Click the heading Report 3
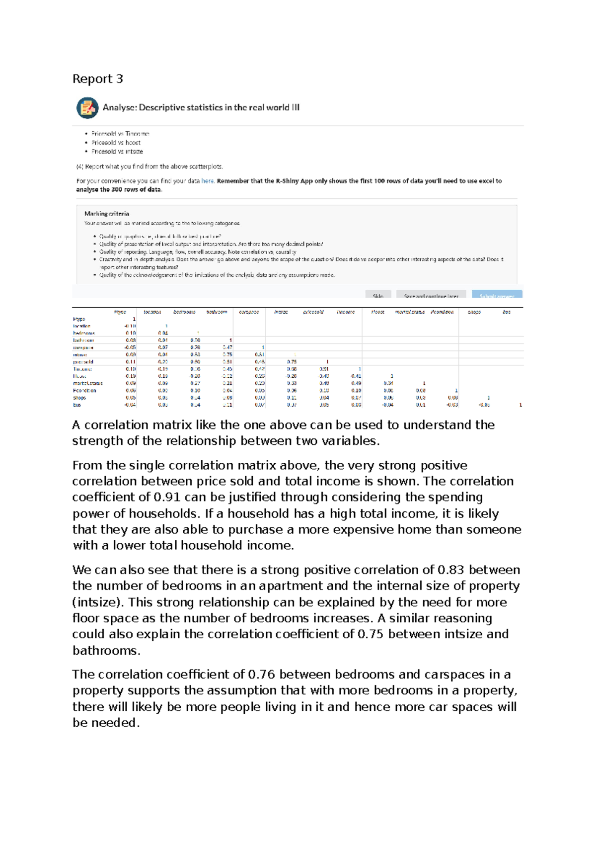coord(97,79)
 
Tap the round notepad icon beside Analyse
coord(87,108)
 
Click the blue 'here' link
coord(208,181)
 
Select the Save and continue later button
coord(431,295)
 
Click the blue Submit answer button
coord(497,295)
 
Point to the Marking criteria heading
coord(107,214)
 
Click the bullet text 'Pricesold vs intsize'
coord(117,152)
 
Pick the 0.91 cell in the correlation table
coord(324,369)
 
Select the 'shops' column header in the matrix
coord(474,312)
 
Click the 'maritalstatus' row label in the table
coord(88,383)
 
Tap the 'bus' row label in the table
coord(77,405)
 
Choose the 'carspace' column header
coord(249,312)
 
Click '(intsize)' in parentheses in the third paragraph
coord(98,602)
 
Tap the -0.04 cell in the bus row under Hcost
coord(388,405)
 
